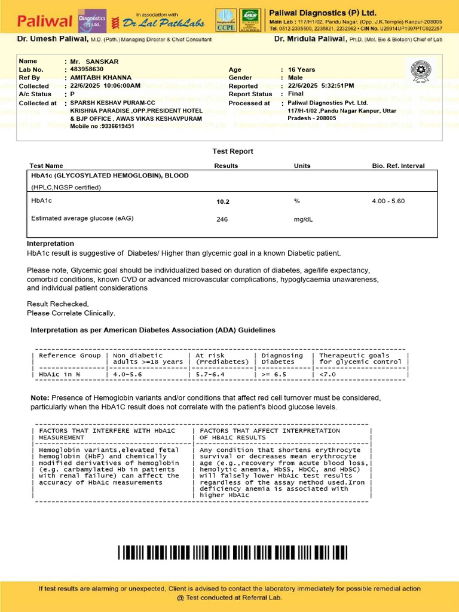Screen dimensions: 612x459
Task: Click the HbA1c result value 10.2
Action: pyautogui.click(x=222, y=202)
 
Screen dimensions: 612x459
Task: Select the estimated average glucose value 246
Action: pyautogui.click(x=222, y=219)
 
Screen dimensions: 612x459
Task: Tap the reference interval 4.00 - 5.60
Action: pyautogui.click(x=388, y=201)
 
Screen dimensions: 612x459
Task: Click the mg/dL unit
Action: pyautogui.click(x=303, y=219)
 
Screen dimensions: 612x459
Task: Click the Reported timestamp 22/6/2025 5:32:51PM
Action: pyautogui.click(x=321, y=86)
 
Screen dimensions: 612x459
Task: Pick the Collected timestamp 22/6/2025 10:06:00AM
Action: pyautogui.click(x=105, y=86)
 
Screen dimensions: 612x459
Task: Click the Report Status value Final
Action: pyautogui.click(x=296, y=94)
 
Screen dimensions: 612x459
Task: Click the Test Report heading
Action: pyautogui.click(x=232, y=152)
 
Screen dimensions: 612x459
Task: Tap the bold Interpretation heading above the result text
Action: pyautogui.click(x=50, y=244)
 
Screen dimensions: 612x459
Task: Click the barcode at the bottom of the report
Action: pyautogui.click(x=232, y=552)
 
